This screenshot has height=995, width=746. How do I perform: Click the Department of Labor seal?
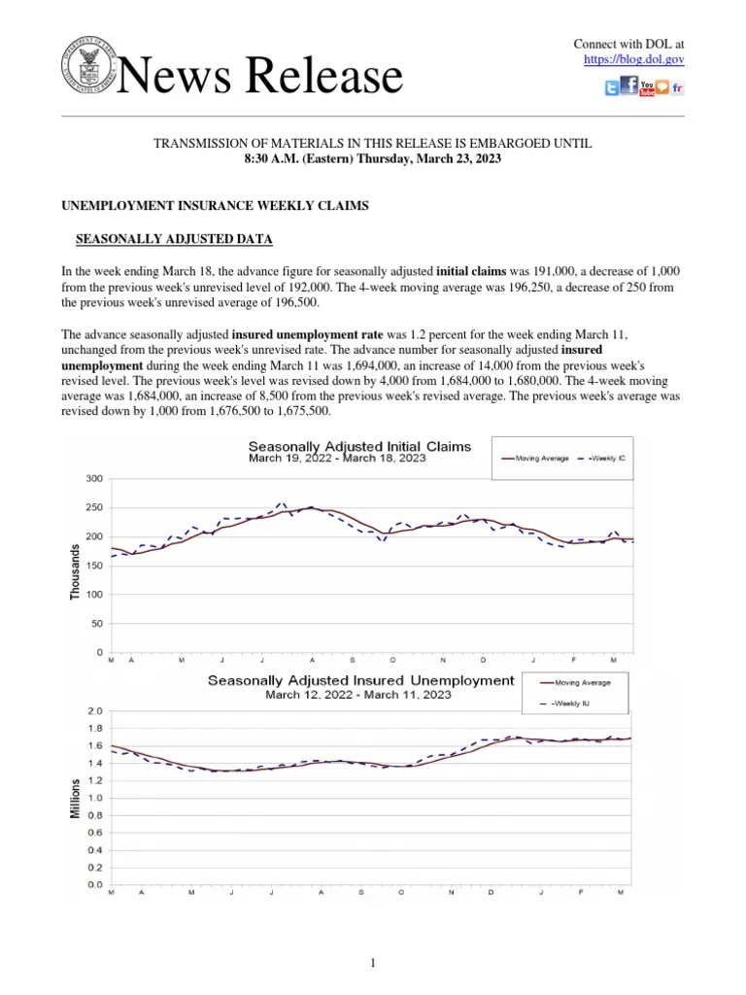point(89,70)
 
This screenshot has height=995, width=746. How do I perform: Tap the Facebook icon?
point(628,87)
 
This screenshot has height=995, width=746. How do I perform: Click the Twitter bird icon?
point(611,88)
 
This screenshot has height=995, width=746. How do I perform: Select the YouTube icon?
point(647,87)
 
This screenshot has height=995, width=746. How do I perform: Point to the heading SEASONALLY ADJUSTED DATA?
point(174,239)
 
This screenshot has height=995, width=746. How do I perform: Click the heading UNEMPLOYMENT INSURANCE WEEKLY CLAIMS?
point(216,207)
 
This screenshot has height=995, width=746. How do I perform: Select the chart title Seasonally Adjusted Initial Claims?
point(358,446)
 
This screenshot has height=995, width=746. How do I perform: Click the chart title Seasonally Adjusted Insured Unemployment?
point(360,680)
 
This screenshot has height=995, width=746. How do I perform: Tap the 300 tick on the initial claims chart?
point(94,478)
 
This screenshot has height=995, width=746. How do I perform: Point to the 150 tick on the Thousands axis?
point(94,566)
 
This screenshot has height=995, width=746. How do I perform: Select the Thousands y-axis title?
point(76,571)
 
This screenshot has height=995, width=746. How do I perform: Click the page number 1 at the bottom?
point(372,963)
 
